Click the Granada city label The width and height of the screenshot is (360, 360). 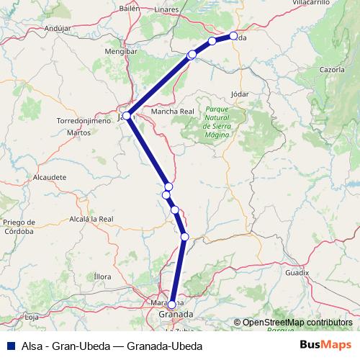(175, 315)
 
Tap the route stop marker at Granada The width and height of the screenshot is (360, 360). (171, 305)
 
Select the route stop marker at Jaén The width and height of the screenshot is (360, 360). (127, 115)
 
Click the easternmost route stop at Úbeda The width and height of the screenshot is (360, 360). (233, 36)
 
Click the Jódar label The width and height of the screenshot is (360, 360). (240, 94)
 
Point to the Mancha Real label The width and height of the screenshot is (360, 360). (173, 112)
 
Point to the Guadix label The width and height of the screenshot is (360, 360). (297, 273)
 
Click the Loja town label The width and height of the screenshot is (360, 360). (31, 316)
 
